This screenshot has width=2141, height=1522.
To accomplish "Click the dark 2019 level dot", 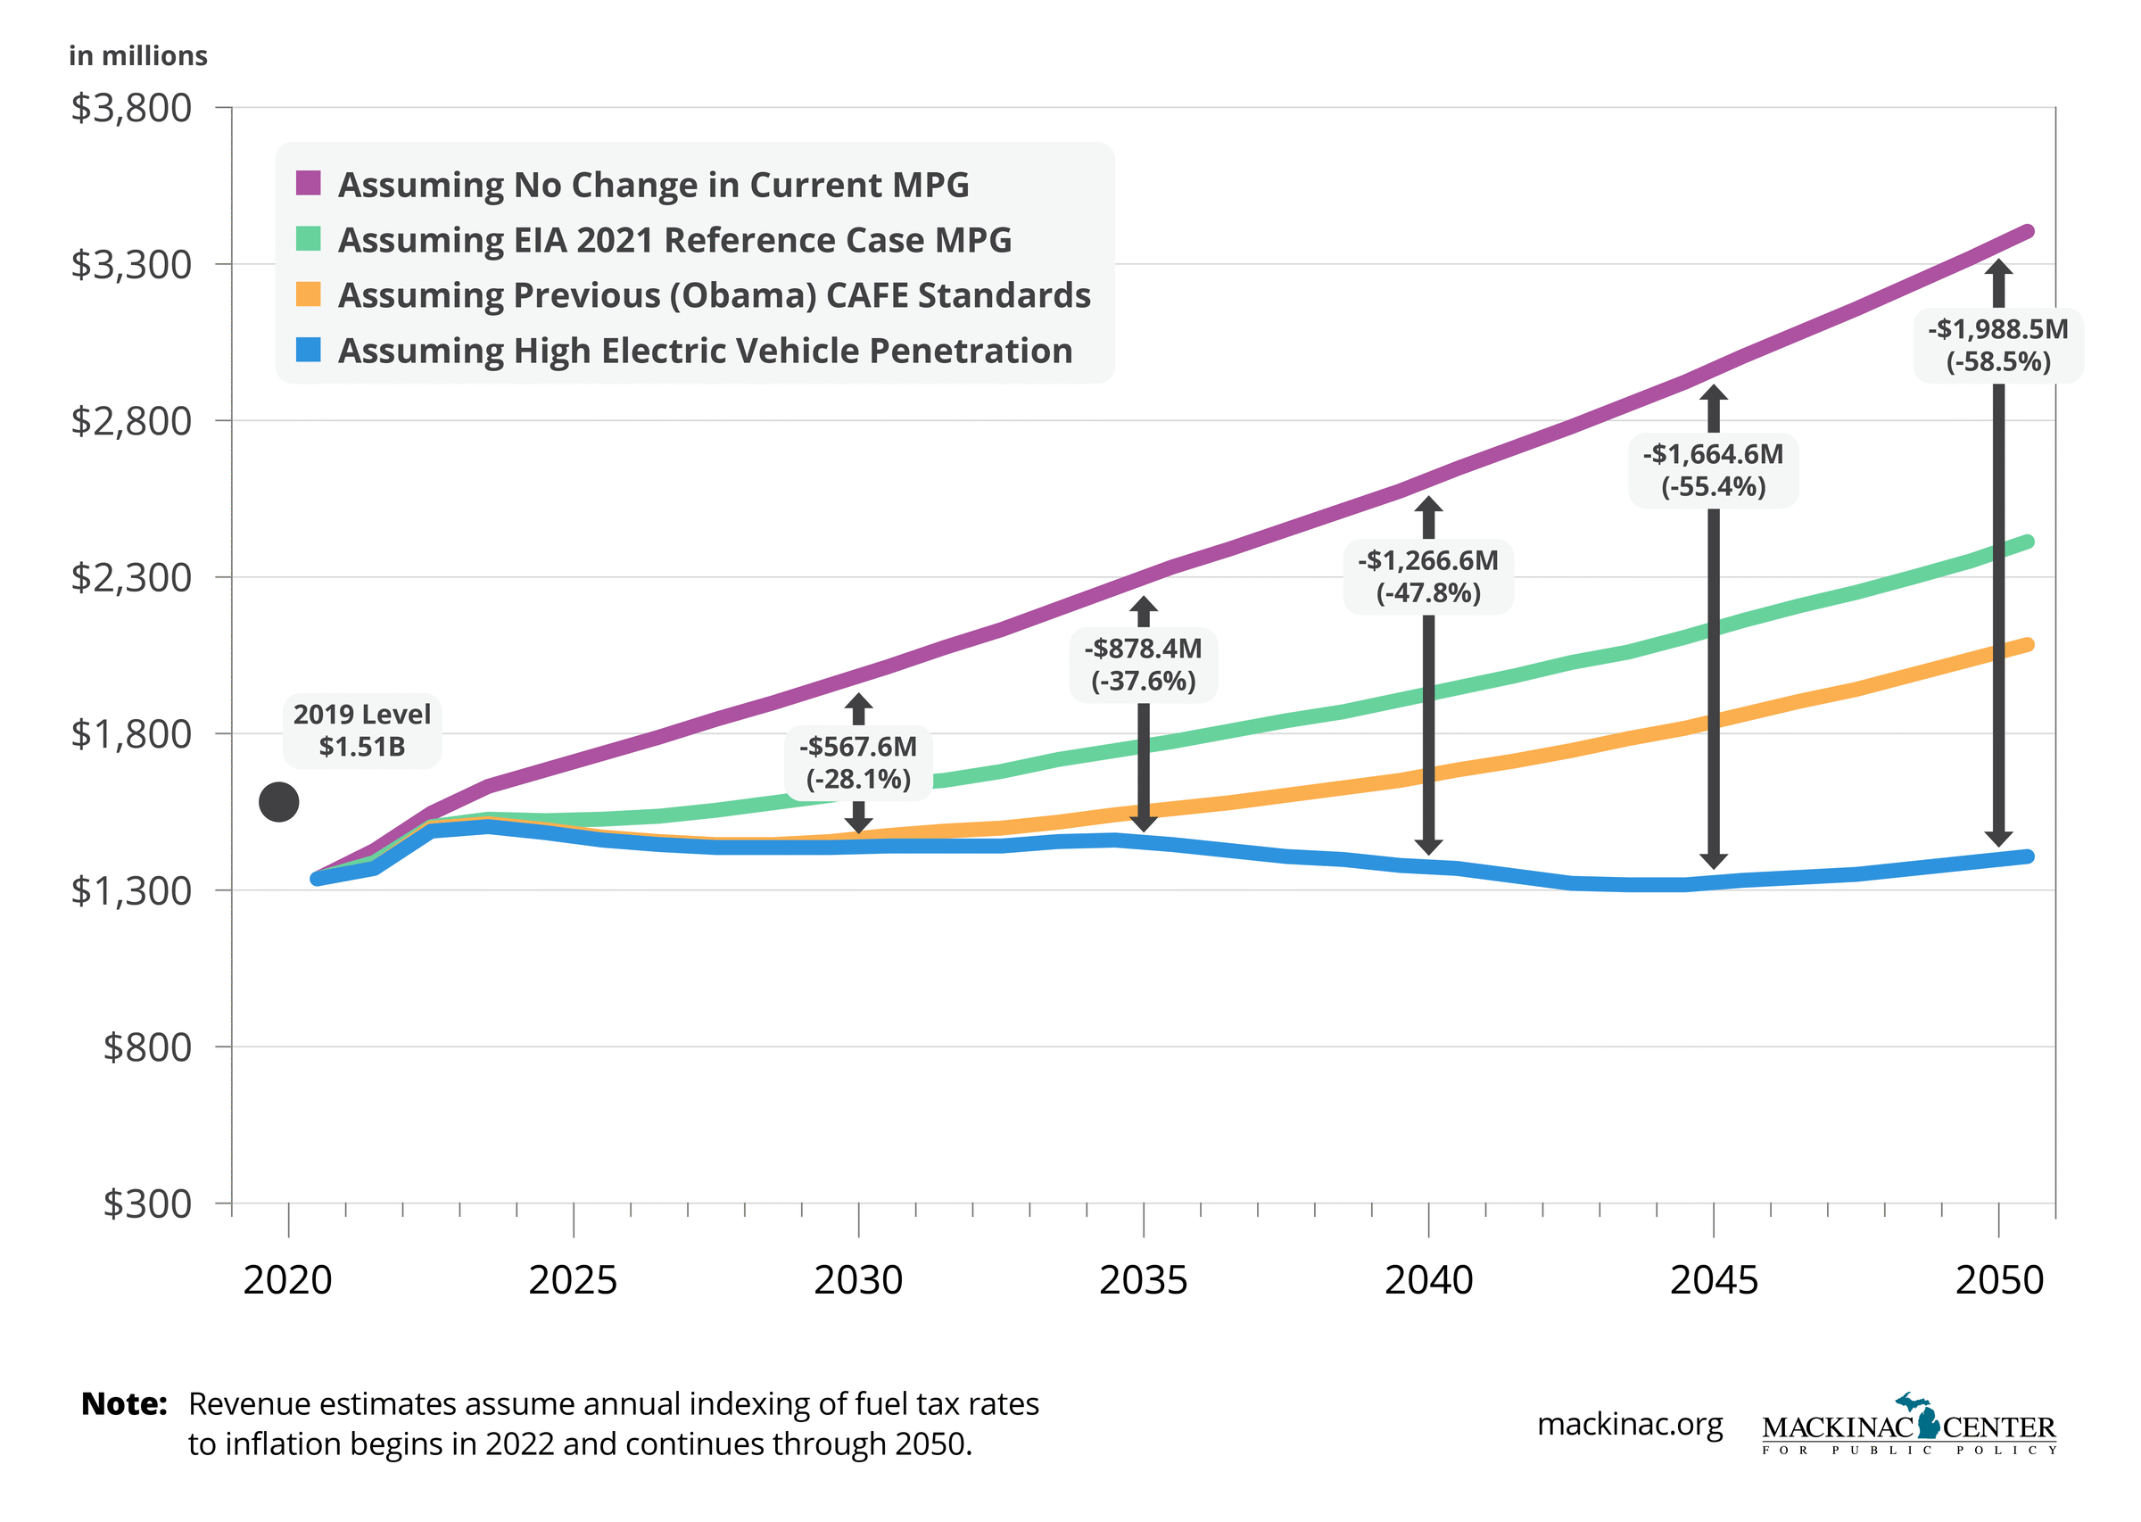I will tap(278, 802).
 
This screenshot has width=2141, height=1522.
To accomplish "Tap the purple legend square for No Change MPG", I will tap(309, 183).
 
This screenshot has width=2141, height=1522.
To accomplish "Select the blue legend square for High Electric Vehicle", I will tap(309, 350).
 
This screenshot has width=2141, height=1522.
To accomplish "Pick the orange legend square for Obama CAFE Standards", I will tap(309, 294).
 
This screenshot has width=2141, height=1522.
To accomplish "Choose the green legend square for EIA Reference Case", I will tap(309, 239).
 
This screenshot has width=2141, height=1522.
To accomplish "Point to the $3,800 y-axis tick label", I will tap(131, 108).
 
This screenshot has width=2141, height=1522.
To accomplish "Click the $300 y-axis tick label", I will tap(147, 1204).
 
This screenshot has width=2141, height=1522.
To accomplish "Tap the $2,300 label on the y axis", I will tap(131, 577).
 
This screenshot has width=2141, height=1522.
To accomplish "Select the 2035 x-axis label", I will tap(1143, 1280).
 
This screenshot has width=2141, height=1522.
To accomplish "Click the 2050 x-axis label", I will tap(1998, 1280).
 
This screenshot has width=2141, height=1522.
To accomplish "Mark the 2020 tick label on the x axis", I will tap(287, 1280).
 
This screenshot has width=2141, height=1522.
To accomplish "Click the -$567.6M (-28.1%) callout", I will tap(858, 763).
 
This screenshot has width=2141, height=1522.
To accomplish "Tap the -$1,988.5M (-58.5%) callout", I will tap(1997, 346).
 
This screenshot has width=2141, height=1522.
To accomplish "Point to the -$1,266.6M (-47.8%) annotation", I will tap(1428, 576).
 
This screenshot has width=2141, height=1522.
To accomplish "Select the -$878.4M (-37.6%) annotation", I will tap(1143, 665).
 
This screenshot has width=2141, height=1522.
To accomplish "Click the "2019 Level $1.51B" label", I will tap(361, 731).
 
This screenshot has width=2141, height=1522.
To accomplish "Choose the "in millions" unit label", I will tap(137, 56).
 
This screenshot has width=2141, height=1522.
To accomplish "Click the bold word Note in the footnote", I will tap(124, 1404).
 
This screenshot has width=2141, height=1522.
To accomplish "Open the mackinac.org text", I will tap(1630, 1425).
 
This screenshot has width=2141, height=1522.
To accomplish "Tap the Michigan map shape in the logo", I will tap(1922, 1416).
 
